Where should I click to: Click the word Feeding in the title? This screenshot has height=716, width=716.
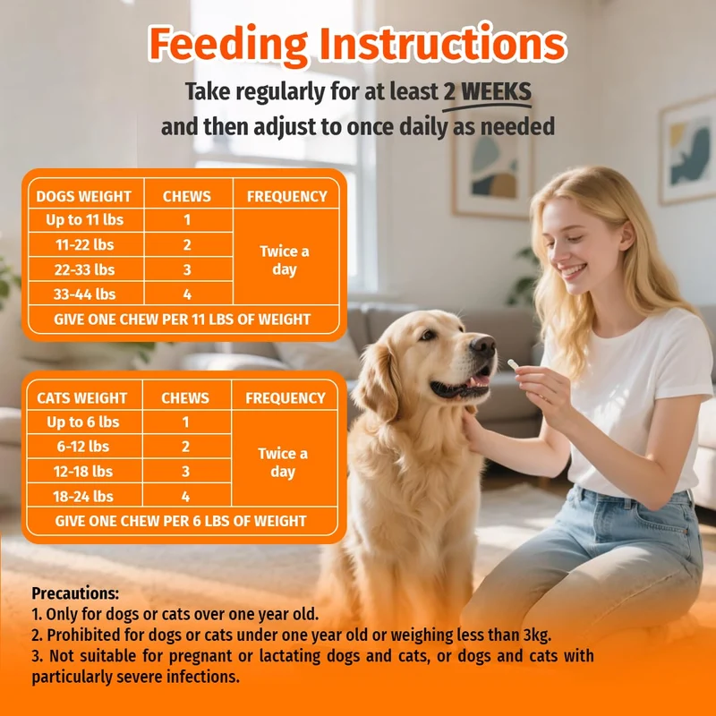[x=228, y=45]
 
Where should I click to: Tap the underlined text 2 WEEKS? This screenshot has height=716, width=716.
[x=487, y=92]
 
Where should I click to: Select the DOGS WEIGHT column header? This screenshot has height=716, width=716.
[x=83, y=196]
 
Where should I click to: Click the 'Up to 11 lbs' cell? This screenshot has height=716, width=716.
[x=84, y=220]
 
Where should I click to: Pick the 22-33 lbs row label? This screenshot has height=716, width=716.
[x=84, y=270]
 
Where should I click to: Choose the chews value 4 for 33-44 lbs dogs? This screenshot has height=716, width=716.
[x=187, y=294]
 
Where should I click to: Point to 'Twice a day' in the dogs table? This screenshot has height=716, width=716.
[x=285, y=260]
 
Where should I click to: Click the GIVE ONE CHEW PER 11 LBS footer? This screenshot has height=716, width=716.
[x=183, y=320]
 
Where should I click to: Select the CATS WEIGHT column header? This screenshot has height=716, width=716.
[x=81, y=398]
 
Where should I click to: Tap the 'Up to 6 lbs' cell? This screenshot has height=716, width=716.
[x=83, y=422]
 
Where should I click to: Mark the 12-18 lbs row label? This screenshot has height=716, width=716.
[x=83, y=472]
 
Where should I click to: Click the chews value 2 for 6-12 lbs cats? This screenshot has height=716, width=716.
[x=185, y=447]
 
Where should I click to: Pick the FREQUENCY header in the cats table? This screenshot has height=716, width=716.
[x=286, y=398]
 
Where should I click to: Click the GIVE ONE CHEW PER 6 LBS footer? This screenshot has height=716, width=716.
[x=181, y=521]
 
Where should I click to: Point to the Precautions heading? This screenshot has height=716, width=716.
[x=75, y=593]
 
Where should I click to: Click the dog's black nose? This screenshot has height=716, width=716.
[x=483, y=345]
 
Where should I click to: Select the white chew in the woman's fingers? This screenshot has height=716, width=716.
[x=514, y=364]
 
